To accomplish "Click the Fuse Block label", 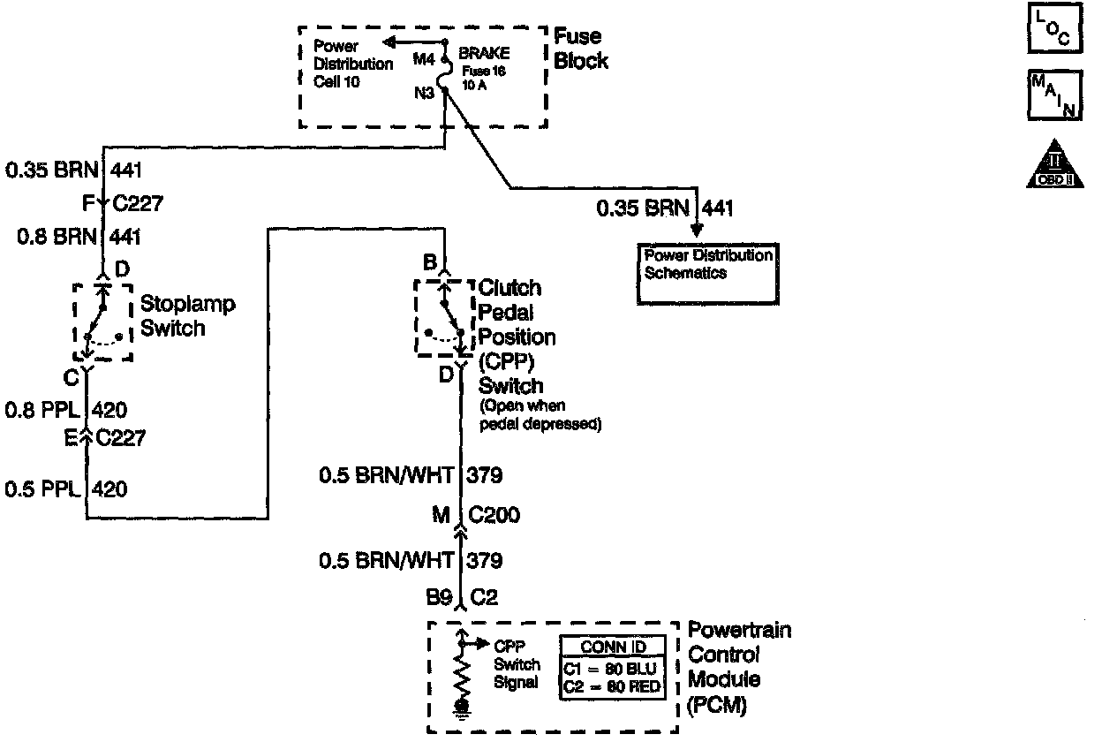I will click(580, 49).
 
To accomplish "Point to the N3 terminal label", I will click(425, 91).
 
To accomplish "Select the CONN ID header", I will click(614, 647).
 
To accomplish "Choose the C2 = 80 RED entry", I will click(613, 685).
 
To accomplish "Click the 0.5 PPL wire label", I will click(42, 488).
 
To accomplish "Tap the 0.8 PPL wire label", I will click(42, 410).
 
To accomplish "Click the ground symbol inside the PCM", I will click(460, 707).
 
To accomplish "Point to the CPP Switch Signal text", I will click(517, 664).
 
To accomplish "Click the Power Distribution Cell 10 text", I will click(352, 64).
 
